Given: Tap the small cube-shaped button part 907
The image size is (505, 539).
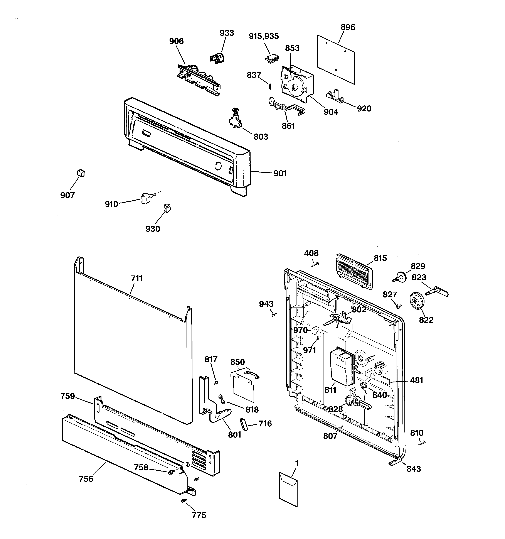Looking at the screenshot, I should (x=81, y=173).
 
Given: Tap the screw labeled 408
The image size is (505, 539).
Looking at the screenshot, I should (x=315, y=264).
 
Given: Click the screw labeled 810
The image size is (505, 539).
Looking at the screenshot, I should (x=422, y=443).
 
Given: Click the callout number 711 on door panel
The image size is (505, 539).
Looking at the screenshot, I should (x=137, y=279).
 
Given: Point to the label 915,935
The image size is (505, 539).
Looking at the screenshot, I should (x=264, y=36).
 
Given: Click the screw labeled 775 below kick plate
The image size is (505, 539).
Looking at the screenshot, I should (x=184, y=500).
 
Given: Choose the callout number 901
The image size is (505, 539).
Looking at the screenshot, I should (x=280, y=173).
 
